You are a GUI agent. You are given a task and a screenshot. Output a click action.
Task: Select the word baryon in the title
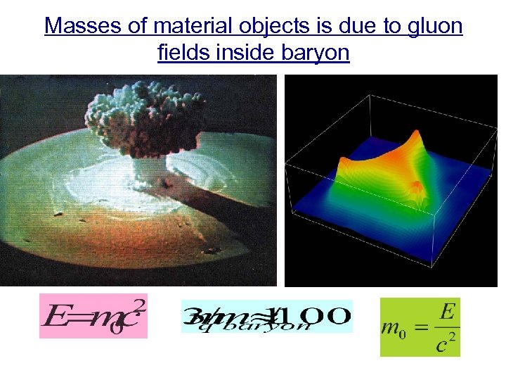click(x=314, y=53)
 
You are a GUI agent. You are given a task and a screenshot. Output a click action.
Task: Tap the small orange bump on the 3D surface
click(x=416, y=186)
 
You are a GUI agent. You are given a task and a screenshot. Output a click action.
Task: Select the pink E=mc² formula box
click(x=93, y=316)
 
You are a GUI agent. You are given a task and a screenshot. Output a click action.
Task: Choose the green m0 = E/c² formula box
click(x=420, y=327)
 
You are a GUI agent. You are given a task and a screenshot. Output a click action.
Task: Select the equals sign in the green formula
click(x=417, y=328)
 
